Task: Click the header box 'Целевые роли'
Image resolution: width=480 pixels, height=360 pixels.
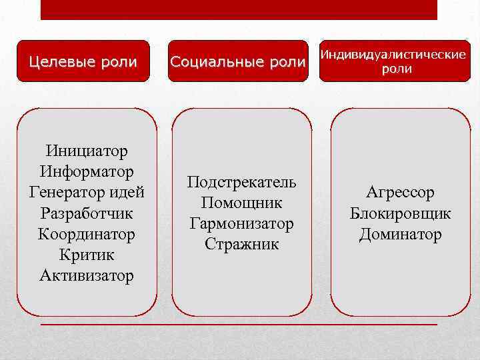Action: [83, 62]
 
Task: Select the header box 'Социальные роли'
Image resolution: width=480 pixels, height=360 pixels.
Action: [238, 62]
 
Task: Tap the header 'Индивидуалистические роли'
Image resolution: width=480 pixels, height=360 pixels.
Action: [393, 61]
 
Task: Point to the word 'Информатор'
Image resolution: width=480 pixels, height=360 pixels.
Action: [87, 172]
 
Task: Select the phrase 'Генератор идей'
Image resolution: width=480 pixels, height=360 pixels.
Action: [87, 193]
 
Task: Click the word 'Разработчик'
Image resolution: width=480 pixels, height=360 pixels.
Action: [87, 213]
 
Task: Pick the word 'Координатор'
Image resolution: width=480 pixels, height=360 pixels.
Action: [87, 234]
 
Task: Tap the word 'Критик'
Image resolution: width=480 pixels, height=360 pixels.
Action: [87, 255]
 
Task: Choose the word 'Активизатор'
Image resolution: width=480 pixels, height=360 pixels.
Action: [87, 275]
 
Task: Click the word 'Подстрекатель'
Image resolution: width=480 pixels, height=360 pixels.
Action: [241, 182]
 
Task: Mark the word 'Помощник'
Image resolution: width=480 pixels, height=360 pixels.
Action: [241, 203]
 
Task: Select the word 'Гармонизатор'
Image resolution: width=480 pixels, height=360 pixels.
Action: [241, 223]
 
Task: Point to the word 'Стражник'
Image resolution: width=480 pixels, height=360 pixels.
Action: [241, 244]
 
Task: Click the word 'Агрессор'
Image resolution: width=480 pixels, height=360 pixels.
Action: [400, 193]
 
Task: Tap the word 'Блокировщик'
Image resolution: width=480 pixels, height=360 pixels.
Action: [400, 213]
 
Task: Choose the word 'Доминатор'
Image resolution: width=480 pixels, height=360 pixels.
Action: [400, 234]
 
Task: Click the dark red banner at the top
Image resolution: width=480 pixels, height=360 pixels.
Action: [239, 9]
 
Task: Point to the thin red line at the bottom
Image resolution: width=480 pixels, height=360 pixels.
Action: [239, 324]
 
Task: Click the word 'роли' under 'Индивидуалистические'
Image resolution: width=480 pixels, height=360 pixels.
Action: [396, 69]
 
